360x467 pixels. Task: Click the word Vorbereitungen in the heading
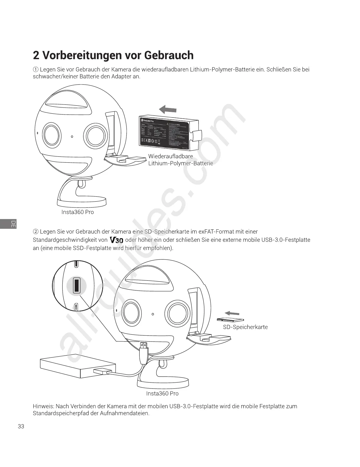coord(80,55)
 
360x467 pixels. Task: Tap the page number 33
coord(21,426)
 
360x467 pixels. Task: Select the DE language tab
coord(13,224)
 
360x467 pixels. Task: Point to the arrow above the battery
coord(168,110)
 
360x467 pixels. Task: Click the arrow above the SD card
coord(232,313)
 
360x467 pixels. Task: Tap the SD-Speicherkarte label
coord(245,327)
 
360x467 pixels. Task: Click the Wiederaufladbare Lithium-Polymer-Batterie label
coord(180,160)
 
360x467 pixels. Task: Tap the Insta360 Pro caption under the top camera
coord(78,212)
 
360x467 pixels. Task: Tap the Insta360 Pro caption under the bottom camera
coord(162,393)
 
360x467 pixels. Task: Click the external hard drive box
coord(77,365)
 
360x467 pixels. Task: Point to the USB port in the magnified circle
coord(76,285)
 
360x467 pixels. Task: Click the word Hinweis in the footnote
coord(43,406)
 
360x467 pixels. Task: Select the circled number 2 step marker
coord(35,232)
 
